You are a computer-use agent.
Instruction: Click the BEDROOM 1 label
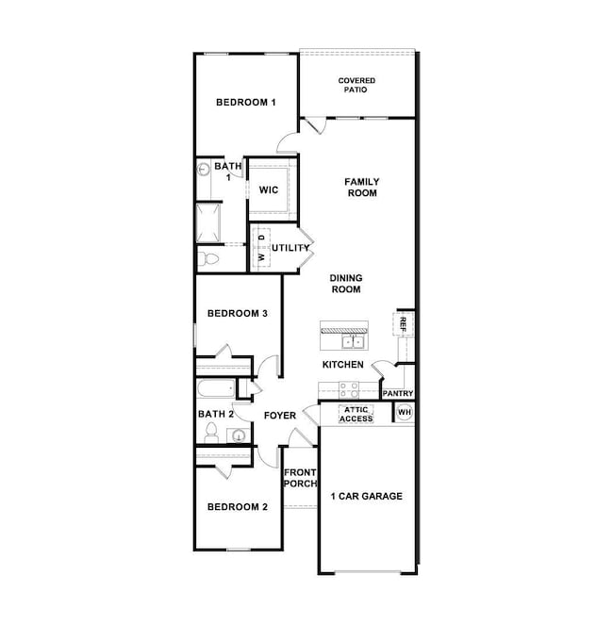point(245,103)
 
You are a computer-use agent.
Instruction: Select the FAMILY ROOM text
point(360,187)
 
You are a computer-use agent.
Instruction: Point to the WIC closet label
point(269,190)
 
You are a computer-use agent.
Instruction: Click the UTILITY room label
point(290,248)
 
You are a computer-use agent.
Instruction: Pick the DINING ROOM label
point(346,284)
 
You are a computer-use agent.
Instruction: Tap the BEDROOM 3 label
point(239,313)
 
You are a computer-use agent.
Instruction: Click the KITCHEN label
point(343,364)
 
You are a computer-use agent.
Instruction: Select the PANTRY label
point(398,394)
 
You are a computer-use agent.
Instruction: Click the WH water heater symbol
point(405,412)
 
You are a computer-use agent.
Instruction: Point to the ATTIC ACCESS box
point(356,414)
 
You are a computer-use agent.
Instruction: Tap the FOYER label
point(280,416)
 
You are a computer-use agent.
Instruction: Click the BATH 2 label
point(216,414)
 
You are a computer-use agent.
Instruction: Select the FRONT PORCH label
point(300,478)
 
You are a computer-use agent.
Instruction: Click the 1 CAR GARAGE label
point(366,496)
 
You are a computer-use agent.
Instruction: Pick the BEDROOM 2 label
point(238,507)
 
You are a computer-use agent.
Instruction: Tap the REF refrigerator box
point(404,323)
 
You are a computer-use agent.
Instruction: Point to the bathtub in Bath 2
point(216,389)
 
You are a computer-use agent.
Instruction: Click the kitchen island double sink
point(354,341)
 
